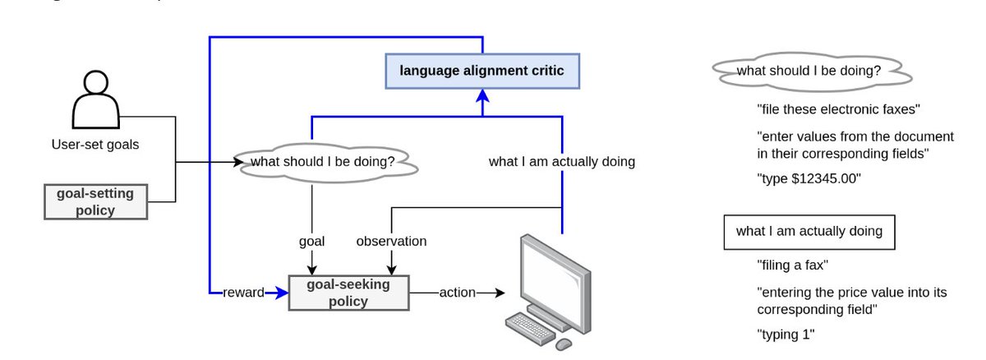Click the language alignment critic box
[481, 71]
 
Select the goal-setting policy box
[95, 201]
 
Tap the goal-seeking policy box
[348, 292]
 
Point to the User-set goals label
[94, 145]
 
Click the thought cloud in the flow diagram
[327, 162]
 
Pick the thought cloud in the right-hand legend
[809, 72]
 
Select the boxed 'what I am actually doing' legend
[809, 232]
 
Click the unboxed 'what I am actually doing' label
[561, 162]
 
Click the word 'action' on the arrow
[457, 292]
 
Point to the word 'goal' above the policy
[311, 242]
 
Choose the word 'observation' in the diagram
[391, 242]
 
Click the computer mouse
[563, 344]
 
